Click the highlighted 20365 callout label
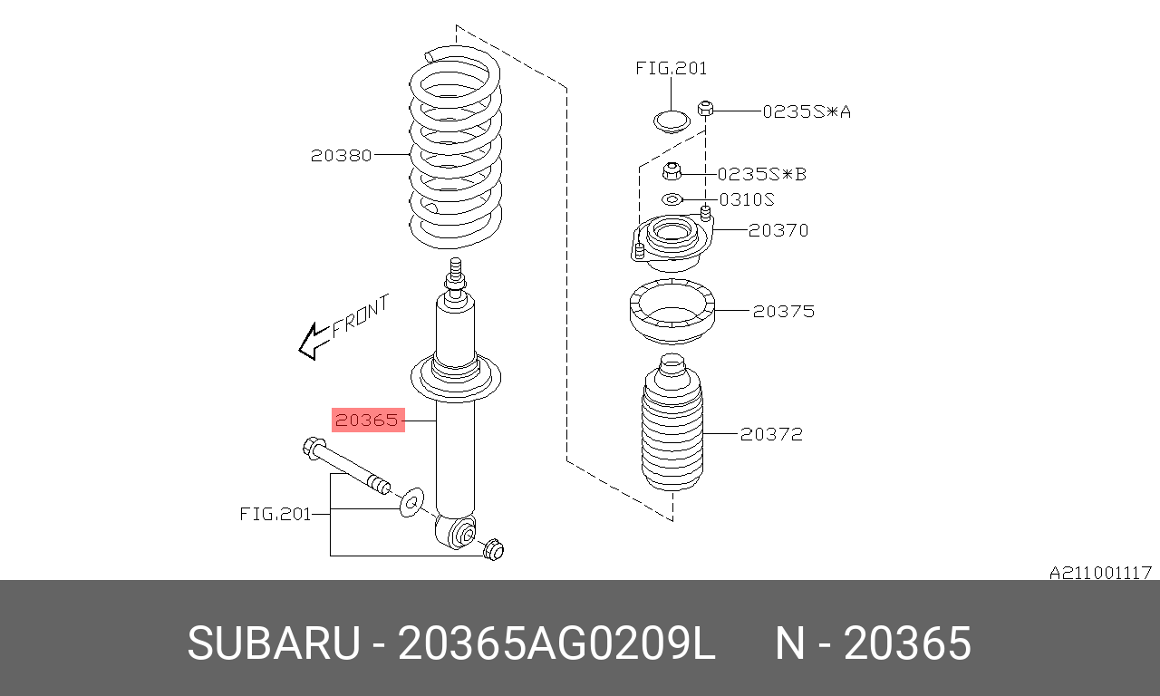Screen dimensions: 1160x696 click(x=368, y=420)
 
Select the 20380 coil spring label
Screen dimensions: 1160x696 click(x=342, y=155)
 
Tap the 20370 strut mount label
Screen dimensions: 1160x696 click(x=778, y=230)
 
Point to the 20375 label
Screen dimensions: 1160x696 click(x=784, y=311)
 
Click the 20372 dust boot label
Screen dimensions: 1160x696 click(x=771, y=434)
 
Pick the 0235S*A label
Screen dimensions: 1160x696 click(x=807, y=111)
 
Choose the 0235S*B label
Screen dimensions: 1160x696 click(x=762, y=175)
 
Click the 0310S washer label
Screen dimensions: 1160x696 click(x=747, y=199)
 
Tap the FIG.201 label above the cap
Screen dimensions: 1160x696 click(x=672, y=68)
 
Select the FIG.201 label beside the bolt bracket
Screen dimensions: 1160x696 click(x=275, y=514)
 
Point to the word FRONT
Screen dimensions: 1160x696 click(x=360, y=316)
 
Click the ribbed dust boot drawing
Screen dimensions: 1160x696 click(x=672, y=422)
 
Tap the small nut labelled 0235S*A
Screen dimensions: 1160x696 click(x=705, y=110)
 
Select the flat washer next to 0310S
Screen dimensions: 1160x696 click(x=672, y=199)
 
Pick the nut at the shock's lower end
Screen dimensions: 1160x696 click(x=494, y=549)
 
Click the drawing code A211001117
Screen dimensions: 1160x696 click(x=1100, y=573)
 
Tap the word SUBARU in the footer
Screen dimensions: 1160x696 click(x=274, y=643)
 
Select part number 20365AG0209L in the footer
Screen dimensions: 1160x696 click(x=556, y=643)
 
